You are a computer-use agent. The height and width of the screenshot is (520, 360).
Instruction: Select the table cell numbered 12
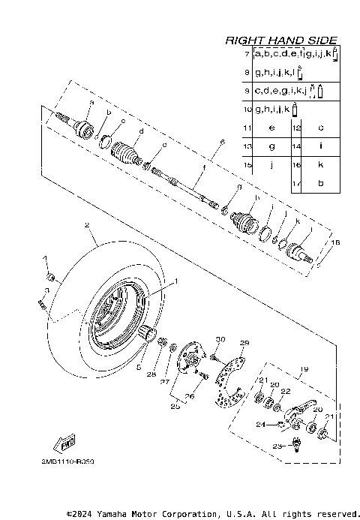[x=296, y=128]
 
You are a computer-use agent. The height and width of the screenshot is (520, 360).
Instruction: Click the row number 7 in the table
[x=247, y=56]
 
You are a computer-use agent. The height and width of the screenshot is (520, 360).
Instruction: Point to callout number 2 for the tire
[x=87, y=225]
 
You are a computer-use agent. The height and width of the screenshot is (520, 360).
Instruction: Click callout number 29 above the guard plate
[x=243, y=343]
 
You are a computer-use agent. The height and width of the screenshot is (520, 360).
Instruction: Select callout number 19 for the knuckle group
[x=305, y=368]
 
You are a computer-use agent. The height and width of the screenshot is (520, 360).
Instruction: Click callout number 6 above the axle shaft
[x=222, y=143]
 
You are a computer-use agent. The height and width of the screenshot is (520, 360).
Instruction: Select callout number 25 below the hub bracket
[x=177, y=406]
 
